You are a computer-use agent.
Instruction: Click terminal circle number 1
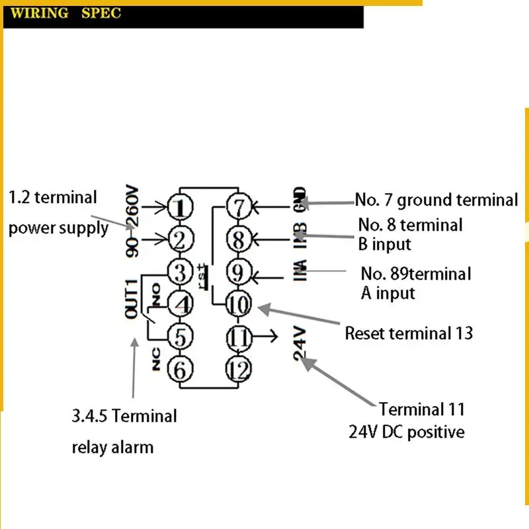(x=179, y=208)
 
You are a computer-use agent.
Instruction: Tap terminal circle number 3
(x=179, y=271)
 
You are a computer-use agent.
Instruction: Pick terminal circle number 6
(x=179, y=369)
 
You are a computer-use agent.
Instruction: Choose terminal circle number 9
(x=239, y=272)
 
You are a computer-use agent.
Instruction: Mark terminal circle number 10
(x=239, y=304)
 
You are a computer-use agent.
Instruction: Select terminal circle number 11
(x=239, y=337)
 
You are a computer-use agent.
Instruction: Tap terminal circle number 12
(x=239, y=368)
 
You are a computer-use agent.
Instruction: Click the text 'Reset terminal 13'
(x=409, y=333)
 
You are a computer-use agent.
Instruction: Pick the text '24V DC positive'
(x=407, y=432)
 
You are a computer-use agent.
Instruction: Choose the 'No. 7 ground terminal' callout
(x=436, y=199)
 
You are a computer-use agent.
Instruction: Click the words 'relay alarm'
(x=112, y=447)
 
